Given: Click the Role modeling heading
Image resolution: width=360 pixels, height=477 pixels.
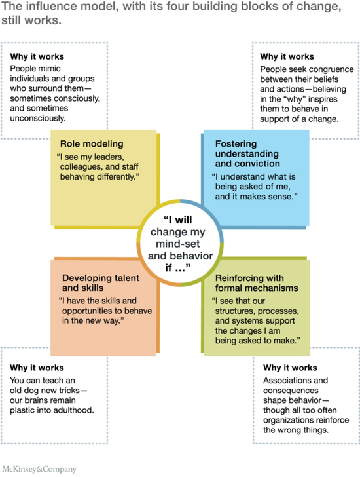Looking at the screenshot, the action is point(92,144).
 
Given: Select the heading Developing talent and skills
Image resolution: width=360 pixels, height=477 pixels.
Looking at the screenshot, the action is point(101,282).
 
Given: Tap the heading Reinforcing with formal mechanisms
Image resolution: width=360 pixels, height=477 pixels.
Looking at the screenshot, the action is point(257,283).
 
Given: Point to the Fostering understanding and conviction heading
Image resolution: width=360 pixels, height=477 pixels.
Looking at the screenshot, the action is point(247,153).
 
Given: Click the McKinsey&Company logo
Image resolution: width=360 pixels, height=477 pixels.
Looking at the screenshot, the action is point(39,468).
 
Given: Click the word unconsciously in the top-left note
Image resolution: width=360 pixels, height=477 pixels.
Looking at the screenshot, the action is point(38,118).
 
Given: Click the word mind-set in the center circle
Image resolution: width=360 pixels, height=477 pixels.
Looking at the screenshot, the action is point(178,244).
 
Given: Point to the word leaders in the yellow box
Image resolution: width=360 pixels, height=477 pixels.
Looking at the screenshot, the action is point(108,157).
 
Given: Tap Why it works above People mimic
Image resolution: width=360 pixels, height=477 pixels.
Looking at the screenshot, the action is point(37,56).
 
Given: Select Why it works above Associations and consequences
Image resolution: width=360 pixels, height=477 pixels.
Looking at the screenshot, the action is point(290,368).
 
